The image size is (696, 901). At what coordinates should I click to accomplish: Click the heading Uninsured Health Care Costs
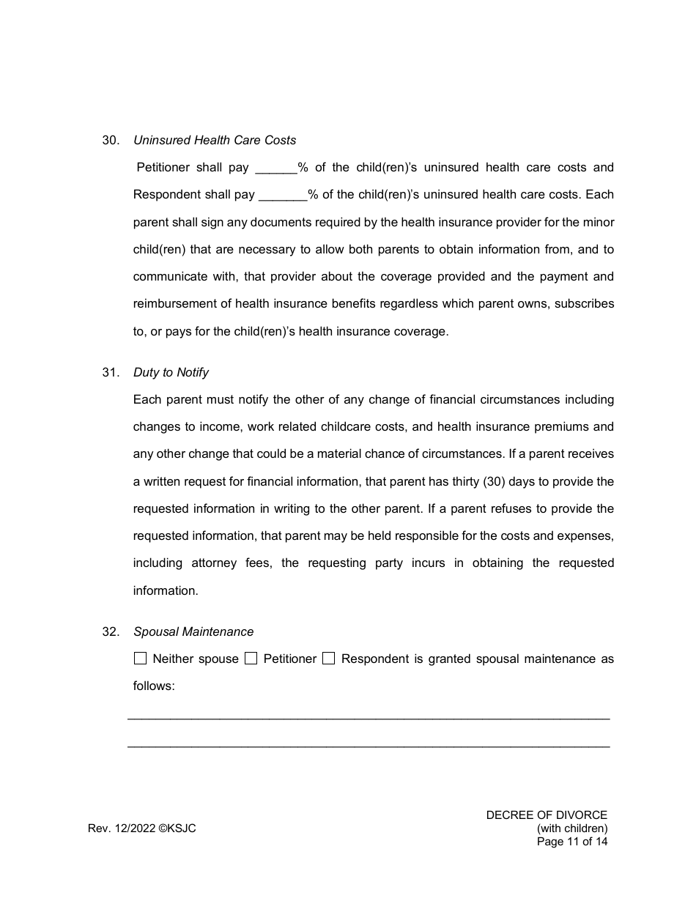coord(215,140)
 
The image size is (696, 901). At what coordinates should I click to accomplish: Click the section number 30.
coord(111,140)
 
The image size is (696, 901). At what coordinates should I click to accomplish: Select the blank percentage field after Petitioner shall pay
coord(275,168)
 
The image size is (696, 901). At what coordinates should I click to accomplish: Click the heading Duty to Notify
coord(171,372)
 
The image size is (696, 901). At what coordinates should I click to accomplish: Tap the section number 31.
coord(111,372)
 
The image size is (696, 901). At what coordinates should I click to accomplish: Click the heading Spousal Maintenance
coord(193,631)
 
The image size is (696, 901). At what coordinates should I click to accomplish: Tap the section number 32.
coord(111,631)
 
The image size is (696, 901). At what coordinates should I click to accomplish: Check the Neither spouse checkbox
coord(141,659)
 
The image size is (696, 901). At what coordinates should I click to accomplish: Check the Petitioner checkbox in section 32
coord(251,659)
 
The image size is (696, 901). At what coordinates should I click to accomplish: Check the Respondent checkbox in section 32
coord(329,659)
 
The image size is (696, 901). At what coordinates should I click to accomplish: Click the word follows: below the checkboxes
coord(154,686)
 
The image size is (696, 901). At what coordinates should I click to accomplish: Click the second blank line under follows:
coord(369,746)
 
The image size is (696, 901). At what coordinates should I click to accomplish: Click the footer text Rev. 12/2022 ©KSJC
coord(142,828)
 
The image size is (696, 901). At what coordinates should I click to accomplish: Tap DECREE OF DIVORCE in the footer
coord(547,815)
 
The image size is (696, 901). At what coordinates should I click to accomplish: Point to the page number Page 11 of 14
coord(572,842)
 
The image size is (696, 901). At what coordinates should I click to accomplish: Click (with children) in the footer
coord(572,828)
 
